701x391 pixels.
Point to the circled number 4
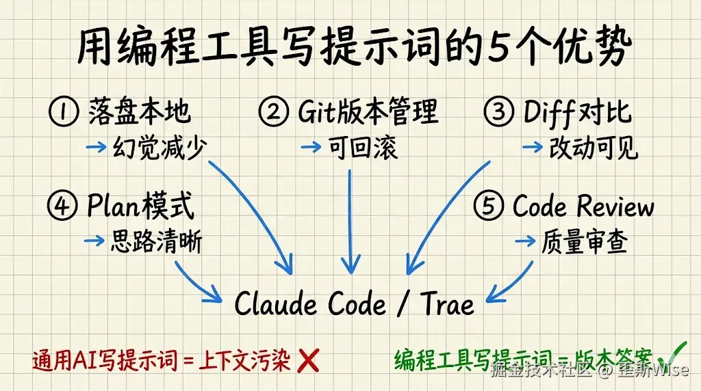point(63,206)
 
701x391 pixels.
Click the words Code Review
point(583,206)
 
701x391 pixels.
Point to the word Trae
point(447,304)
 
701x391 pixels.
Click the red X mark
point(309,360)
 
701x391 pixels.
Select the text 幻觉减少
point(159,148)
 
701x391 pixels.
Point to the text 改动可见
point(594,148)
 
